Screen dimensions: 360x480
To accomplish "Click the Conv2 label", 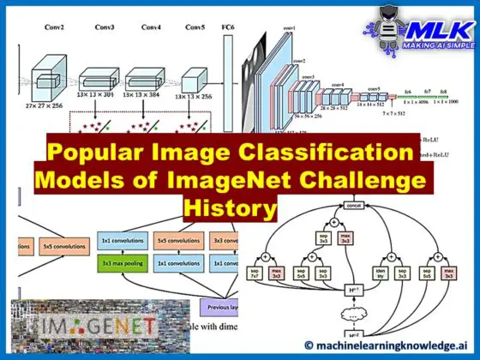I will [54, 27].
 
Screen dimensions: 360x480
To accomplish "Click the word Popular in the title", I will [100, 156].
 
